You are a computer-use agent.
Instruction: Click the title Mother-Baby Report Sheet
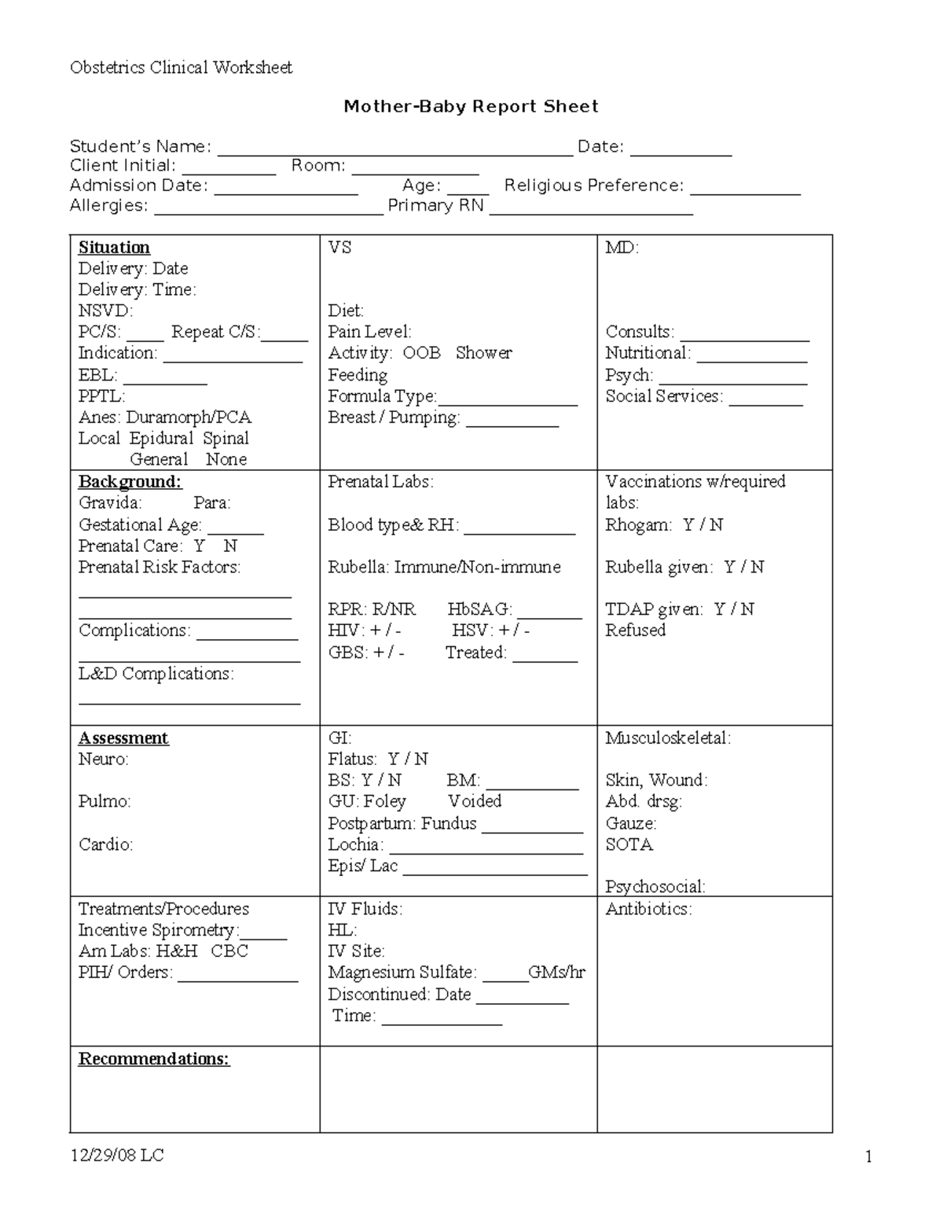pyautogui.click(x=471, y=107)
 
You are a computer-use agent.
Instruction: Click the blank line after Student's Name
pyautogui.click(x=394, y=149)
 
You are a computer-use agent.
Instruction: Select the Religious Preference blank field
pyautogui.click(x=745, y=189)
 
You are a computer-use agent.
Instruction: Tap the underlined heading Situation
pyautogui.click(x=114, y=248)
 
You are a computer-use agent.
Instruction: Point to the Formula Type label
pyautogui.click(x=381, y=396)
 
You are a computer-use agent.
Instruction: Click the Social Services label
pyautogui.click(x=663, y=396)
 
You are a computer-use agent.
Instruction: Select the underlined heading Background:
pyautogui.click(x=130, y=482)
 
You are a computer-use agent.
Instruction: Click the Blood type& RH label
pyautogui.click(x=393, y=525)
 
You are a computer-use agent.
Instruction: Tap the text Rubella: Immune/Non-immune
pyautogui.click(x=444, y=568)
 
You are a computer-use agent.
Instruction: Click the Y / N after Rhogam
pyautogui.click(x=703, y=525)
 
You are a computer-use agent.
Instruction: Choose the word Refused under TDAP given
pyautogui.click(x=635, y=631)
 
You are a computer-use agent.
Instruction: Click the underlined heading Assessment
pyautogui.click(x=123, y=738)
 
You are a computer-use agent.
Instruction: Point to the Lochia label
pyautogui.click(x=355, y=845)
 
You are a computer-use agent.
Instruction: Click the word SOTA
pyautogui.click(x=629, y=845)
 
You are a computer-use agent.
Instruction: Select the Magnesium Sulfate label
pyautogui.click(x=402, y=973)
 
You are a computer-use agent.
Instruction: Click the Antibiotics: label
pyautogui.click(x=648, y=910)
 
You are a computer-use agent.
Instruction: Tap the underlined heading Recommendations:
pyautogui.click(x=154, y=1059)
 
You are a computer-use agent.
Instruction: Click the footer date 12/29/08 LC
pyautogui.click(x=116, y=1155)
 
